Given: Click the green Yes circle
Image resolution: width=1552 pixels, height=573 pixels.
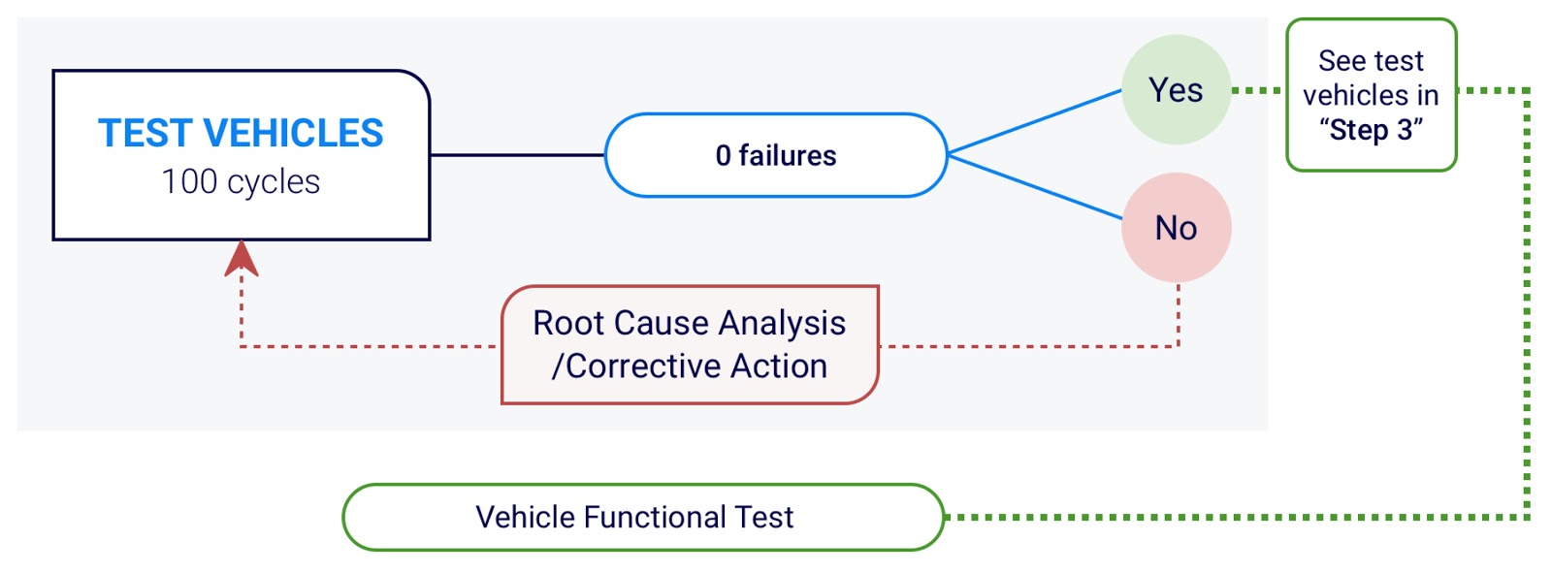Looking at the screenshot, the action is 1176,90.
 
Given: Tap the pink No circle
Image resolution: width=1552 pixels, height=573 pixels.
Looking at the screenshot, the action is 1176,227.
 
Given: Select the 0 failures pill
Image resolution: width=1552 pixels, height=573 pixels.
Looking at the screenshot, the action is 776,155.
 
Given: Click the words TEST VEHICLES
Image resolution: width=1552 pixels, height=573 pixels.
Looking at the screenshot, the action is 241,133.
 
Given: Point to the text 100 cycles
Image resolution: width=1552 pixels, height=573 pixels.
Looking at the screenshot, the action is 241,181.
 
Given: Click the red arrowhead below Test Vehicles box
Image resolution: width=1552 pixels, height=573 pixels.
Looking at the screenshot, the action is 242,259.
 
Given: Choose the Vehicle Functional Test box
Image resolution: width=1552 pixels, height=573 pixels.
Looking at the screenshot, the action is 643,517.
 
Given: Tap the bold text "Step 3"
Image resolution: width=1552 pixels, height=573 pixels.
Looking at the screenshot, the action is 1372,130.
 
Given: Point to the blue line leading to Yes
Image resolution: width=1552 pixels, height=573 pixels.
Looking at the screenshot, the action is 1034,121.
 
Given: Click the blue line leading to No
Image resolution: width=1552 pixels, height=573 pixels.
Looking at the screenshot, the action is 1034,188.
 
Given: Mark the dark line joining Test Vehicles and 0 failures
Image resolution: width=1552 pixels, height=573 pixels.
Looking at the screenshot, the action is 517,155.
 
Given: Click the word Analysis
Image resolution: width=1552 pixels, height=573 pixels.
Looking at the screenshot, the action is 782,324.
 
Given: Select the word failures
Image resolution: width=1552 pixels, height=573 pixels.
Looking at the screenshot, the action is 787,155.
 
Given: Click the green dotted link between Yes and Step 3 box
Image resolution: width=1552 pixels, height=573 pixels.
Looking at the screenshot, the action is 1259,90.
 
